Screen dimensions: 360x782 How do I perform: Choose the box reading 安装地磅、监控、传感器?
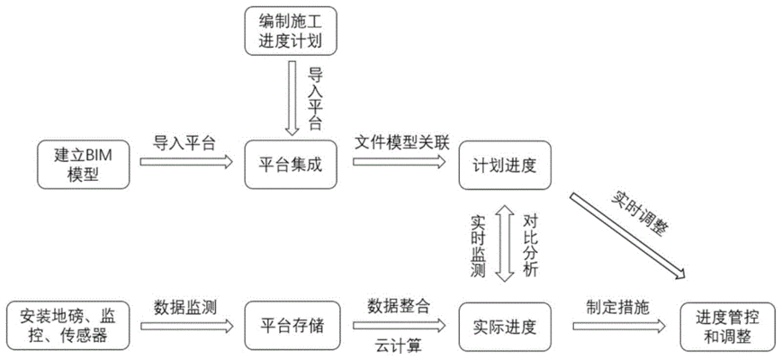coord(67,326)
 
